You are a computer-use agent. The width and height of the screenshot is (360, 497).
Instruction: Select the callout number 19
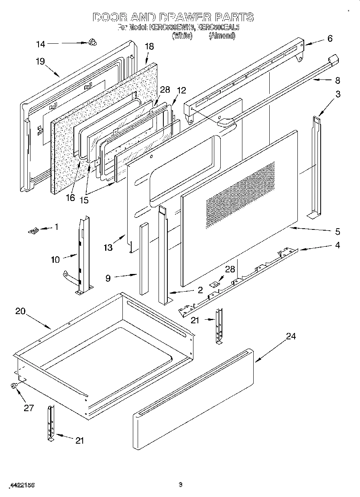point(40,61)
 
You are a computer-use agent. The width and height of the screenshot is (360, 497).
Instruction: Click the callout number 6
point(329,39)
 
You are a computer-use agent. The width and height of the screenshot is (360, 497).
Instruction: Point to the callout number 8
point(337,81)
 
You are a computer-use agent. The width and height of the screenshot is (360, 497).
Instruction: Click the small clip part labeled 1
point(34,230)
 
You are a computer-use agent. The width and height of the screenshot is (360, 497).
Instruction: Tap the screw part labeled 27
point(14,385)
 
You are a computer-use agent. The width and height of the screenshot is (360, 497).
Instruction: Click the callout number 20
point(21,311)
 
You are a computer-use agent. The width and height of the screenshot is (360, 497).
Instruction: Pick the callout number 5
point(337,231)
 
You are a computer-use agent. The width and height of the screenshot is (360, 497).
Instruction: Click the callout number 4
point(337,245)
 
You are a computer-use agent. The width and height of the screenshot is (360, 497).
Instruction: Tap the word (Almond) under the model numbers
point(222,36)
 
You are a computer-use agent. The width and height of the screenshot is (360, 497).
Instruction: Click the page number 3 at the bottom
point(180,485)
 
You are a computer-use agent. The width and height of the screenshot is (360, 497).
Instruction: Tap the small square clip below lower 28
point(215,284)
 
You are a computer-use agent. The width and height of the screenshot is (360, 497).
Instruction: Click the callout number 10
point(55,260)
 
